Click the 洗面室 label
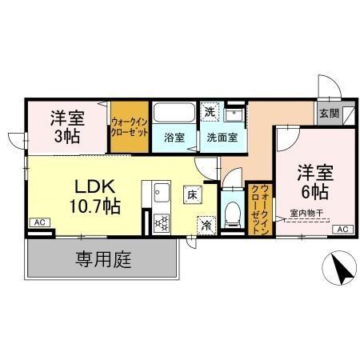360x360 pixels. pos(221,137)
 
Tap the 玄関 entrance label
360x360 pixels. pos(328,114)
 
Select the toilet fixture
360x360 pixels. pos(232,212)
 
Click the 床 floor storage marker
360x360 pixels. pos(193,194)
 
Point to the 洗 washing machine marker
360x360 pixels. pos(210,112)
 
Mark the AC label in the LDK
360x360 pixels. pos(39,222)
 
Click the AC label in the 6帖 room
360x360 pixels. pos(341,230)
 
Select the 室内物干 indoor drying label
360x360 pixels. pos(307,214)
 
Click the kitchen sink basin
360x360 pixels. pos(159,192)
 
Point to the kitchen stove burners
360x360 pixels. pos(158,222)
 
